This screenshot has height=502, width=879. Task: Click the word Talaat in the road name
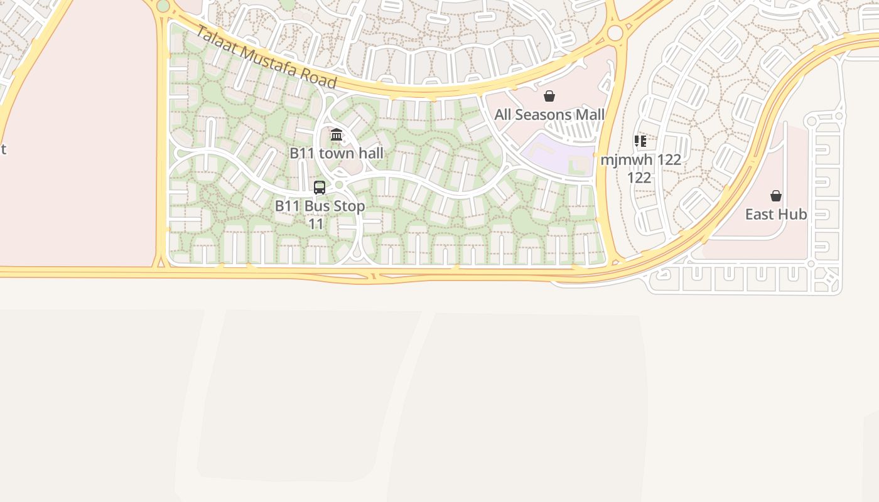[x=215, y=41]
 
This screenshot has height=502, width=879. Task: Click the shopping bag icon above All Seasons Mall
[x=549, y=96]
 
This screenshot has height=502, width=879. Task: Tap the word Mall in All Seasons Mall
[x=590, y=115]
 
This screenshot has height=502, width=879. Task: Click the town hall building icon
[x=337, y=134]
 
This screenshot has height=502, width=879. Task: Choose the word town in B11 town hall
[x=333, y=153]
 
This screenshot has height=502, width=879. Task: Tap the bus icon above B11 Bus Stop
[x=320, y=187]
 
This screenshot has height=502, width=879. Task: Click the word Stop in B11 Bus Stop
[x=349, y=206]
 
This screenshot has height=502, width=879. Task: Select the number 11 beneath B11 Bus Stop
[x=316, y=223]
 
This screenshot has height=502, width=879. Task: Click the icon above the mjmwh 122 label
[x=640, y=141]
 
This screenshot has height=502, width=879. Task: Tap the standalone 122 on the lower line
[x=639, y=178]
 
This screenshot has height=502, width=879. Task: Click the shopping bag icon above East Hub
[x=776, y=196]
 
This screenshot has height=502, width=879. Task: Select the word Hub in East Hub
[x=794, y=215]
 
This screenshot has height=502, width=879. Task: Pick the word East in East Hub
[x=760, y=215]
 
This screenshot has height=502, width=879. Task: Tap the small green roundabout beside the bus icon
[x=340, y=184]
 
